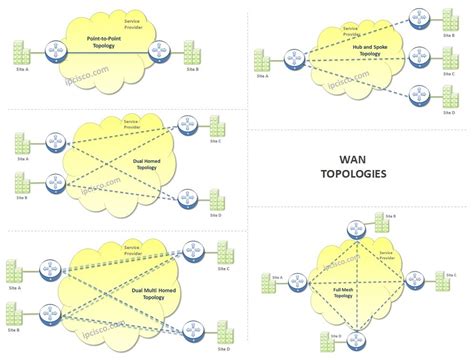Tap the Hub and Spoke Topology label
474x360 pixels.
coord(356,50)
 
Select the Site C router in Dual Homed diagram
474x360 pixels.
coord(186,125)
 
